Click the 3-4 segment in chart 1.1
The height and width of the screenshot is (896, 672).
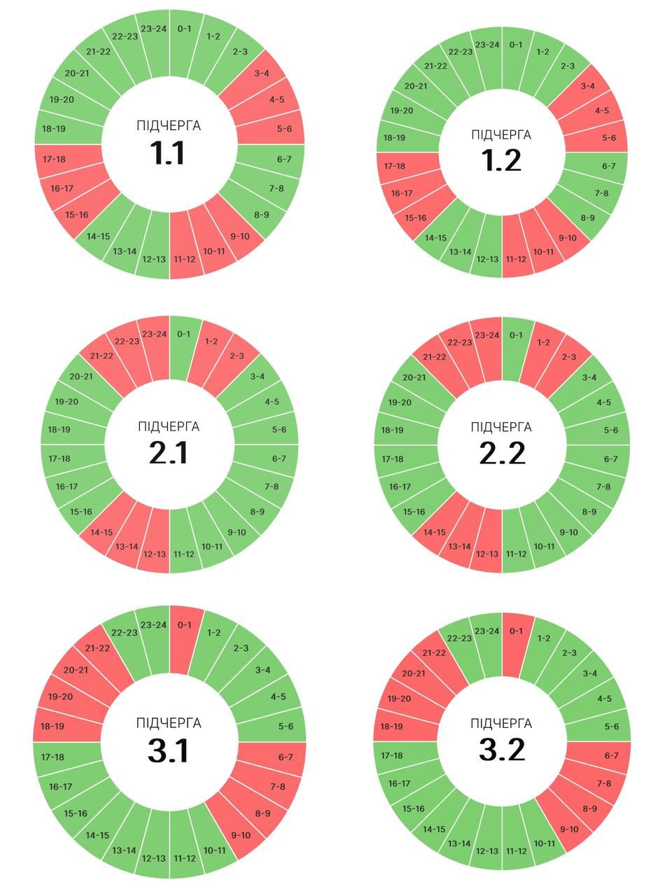262,73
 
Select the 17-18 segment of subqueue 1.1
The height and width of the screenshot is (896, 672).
54,160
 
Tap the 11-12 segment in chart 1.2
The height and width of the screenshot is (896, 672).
516,259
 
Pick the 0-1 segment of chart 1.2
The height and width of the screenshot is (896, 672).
516,45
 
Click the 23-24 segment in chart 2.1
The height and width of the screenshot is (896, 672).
153,335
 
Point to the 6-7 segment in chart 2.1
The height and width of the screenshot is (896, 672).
279,458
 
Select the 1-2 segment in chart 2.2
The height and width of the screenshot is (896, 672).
543,343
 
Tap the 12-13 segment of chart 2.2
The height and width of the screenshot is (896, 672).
487,554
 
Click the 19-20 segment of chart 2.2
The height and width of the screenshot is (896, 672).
399,402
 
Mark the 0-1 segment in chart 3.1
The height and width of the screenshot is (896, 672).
184,625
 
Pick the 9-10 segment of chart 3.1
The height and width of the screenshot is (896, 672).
240,835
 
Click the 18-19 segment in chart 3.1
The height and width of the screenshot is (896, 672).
52,727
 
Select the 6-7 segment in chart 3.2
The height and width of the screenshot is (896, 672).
612,756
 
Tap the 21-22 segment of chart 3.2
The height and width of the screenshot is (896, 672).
434,653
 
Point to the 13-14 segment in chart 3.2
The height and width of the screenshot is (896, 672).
459,843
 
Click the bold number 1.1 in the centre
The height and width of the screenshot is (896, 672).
169,153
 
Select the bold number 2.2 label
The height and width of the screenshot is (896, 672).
502,454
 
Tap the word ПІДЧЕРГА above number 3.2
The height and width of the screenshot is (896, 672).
501,723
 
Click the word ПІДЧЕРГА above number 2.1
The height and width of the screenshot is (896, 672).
169,427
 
